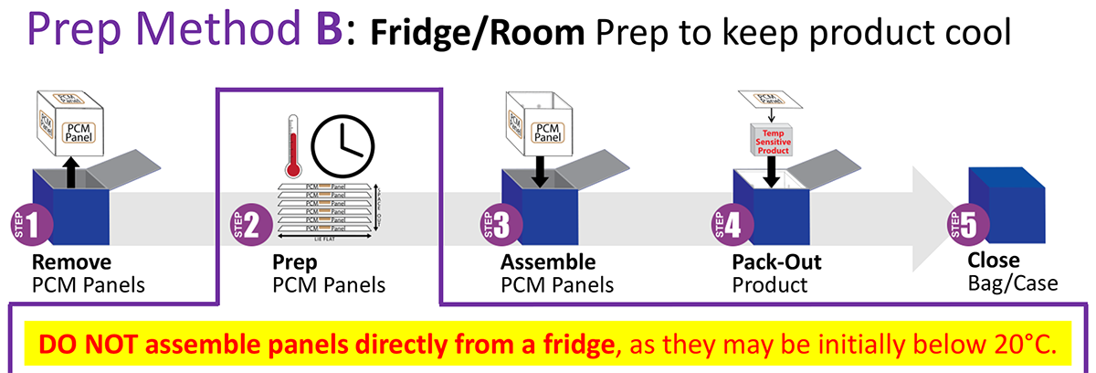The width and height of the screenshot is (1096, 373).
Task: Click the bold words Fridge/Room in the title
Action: click(x=478, y=34)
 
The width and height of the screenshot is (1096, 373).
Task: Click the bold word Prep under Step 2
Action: click(x=293, y=263)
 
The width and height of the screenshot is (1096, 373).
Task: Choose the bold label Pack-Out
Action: click(x=776, y=263)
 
